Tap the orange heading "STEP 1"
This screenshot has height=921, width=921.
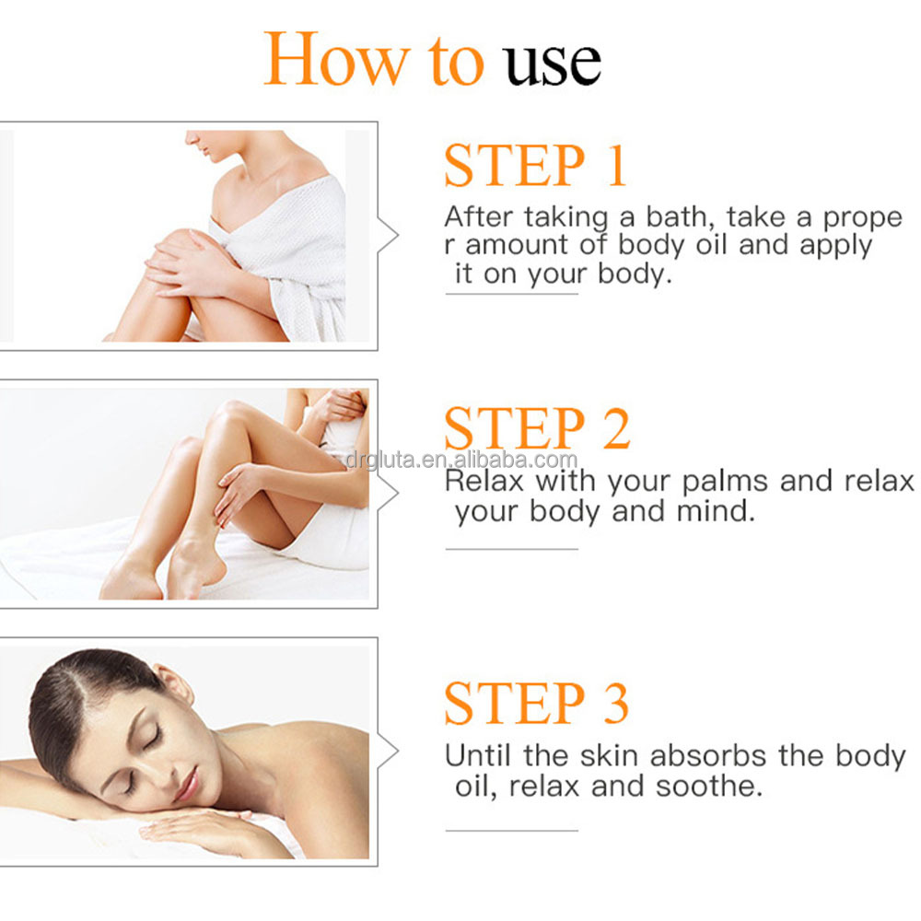[535, 166]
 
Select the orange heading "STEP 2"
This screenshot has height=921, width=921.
[537, 428]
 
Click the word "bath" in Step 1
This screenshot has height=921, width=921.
[679, 217]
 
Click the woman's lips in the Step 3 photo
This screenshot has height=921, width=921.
[188, 784]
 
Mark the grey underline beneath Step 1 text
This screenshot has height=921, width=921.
[511, 294]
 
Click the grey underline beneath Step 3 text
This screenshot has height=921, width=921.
[511, 831]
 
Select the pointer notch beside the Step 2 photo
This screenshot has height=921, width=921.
[391, 494]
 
